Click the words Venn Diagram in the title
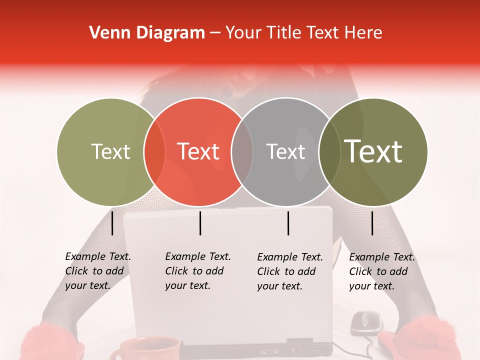point(147,33)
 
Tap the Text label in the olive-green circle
point(110,151)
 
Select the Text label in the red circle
point(198,151)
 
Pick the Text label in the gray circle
point(285,151)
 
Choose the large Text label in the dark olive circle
point(373,151)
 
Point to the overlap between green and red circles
point(154,151)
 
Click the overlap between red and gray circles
point(242,151)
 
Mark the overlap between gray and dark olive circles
point(329,151)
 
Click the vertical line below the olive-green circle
point(112,223)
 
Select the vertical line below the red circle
point(200,223)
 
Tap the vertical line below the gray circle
point(288,223)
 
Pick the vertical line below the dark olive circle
point(372,223)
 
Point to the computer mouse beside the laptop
point(366,322)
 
